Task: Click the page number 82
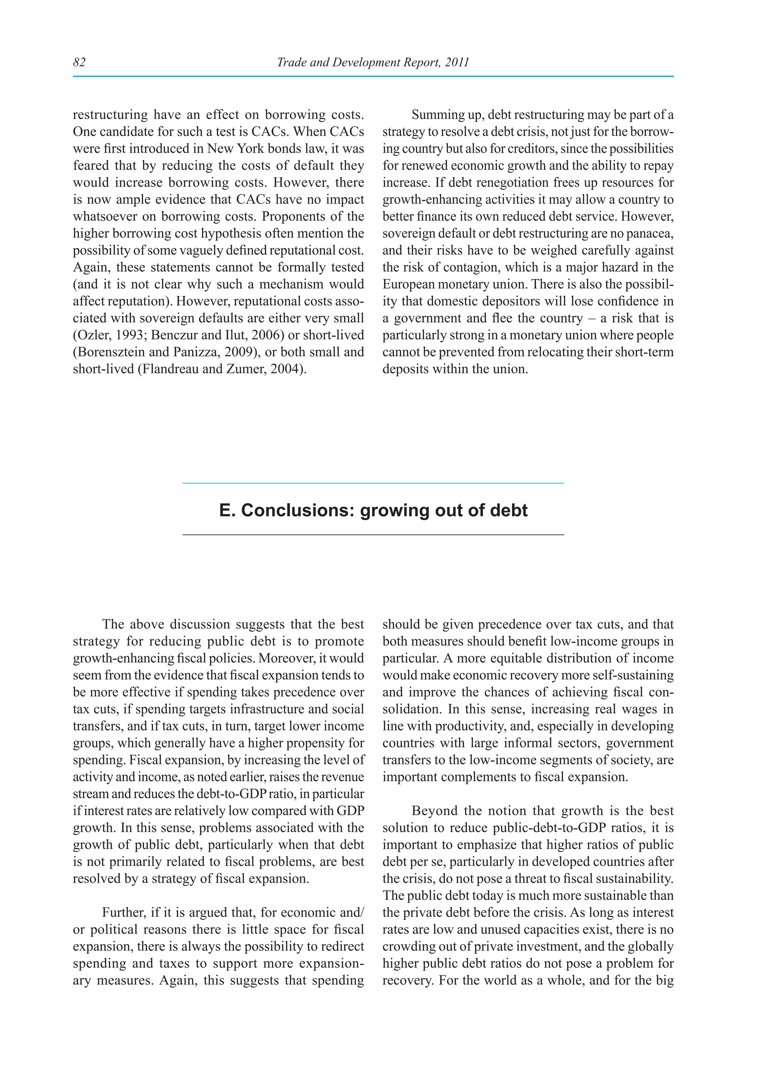[79, 62]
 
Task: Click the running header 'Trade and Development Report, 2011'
[373, 62]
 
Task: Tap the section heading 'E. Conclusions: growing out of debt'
[373, 510]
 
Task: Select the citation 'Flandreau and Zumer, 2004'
[222, 369]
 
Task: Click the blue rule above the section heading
[373, 483]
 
